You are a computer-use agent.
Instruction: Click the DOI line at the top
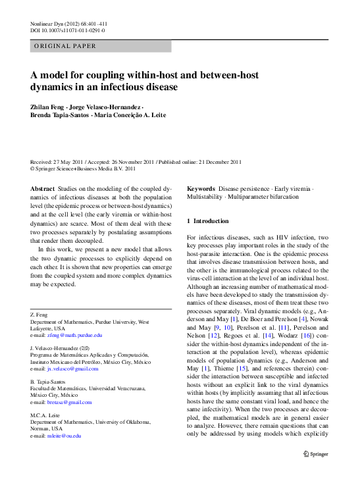click(x=67, y=30)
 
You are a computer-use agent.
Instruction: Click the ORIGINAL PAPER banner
click(x=66, y=46)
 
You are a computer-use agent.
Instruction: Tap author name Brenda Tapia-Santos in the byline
click(x=61, y=116)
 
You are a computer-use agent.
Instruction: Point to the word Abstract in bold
click(x=43, y=188)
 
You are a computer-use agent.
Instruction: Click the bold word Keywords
click(x=202, y=188)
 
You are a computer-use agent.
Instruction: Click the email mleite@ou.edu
click(x=63, y=436)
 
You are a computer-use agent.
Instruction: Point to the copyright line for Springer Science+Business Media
click(x=83, y=168)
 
